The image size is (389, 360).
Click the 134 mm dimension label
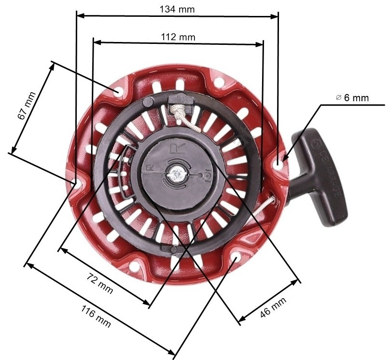(x=177, y=8)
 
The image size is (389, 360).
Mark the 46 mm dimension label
(x=273, y=307)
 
